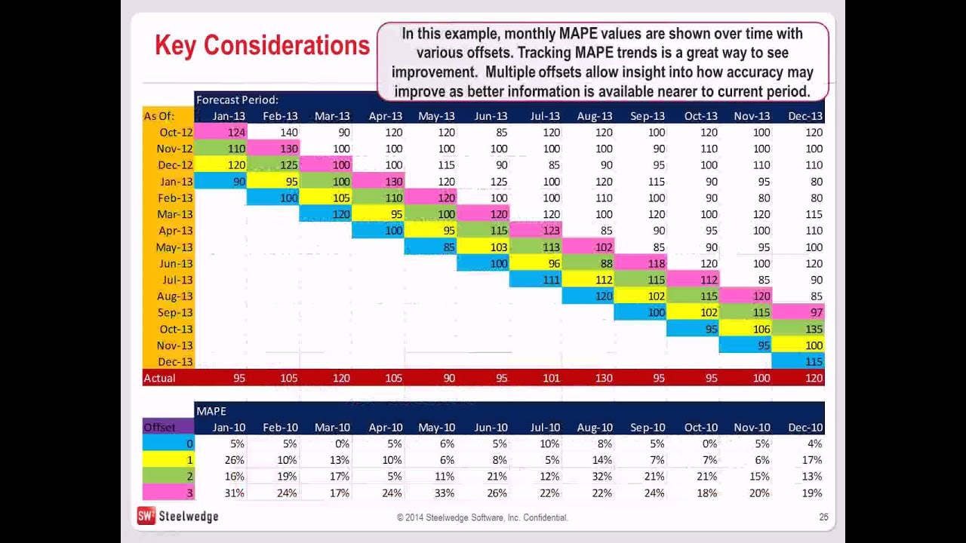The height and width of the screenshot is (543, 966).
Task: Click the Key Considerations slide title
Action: tap(262, 45)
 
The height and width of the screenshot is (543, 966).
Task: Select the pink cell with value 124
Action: tap(221, 132)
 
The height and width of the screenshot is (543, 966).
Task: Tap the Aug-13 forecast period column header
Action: tap(594, 116)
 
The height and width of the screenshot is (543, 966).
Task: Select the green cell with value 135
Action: tap(799, 329)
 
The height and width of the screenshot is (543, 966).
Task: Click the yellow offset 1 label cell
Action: tap(168, 460)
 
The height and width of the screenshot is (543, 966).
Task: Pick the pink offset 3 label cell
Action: tap(168, 493)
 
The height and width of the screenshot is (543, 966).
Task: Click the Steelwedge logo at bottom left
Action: tap(177, 517)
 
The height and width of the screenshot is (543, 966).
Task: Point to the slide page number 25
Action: tap(823, 517)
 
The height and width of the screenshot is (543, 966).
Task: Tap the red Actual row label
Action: tap(168, 378)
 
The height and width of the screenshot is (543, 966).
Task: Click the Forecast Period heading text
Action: tap(237, 100)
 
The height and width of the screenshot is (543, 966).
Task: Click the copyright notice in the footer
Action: tap(482, 518)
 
